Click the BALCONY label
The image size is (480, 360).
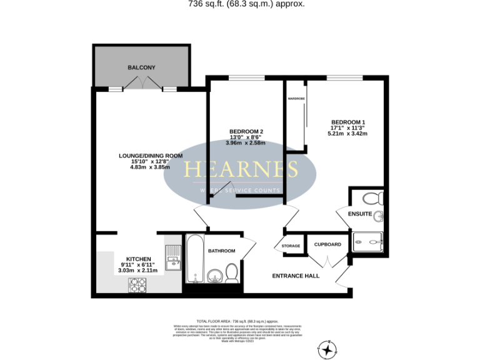coord(141,67)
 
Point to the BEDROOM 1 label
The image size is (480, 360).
coord(348,121)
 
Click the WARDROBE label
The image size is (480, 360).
coord(296,98)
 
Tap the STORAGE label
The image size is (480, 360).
coord(291,246)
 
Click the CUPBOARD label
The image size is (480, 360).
coord(327,244)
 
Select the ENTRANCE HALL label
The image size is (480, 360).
coord(296,276)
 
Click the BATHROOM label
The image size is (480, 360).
coord(221,251)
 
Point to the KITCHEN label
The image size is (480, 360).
coord(138,259)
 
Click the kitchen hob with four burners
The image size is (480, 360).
coord(137,284)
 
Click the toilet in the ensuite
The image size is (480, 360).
coord(372,199)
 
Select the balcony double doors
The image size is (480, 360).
coord(142,83)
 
